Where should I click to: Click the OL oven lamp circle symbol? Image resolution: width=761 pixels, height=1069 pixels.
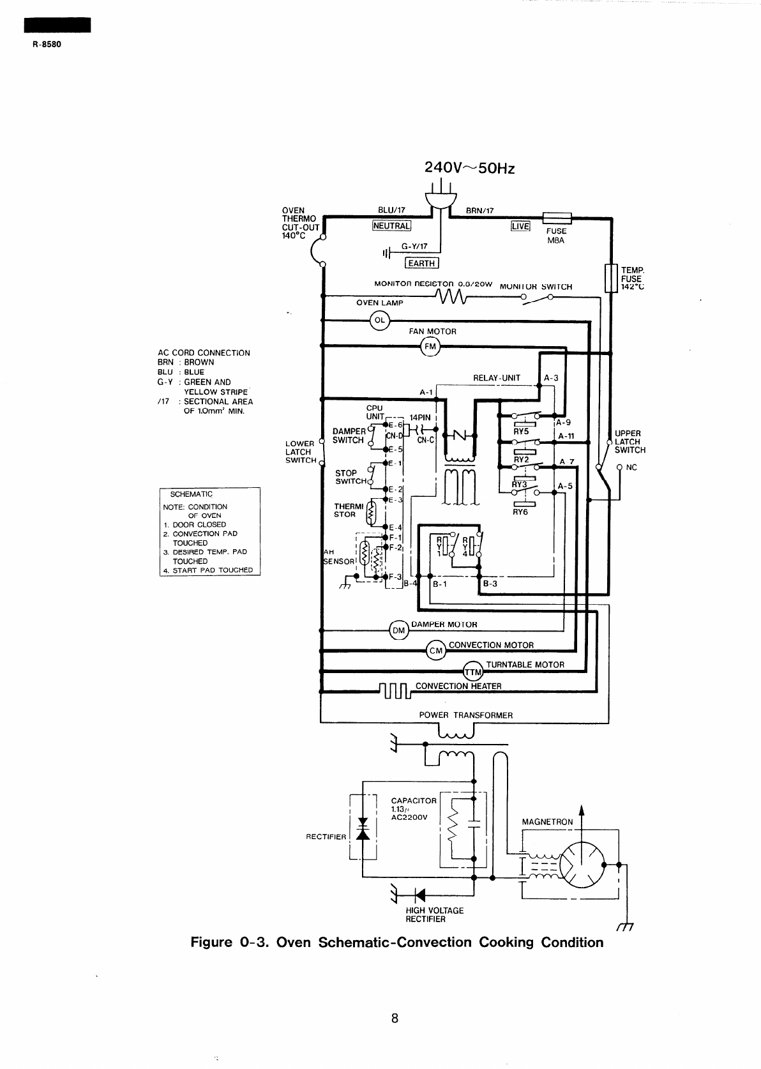click(379, 320)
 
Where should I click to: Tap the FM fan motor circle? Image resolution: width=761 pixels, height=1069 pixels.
click(430, 347)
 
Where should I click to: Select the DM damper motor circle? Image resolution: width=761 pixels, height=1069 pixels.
click(398, 630)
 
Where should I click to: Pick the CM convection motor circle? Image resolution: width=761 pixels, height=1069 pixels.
click(435, 651)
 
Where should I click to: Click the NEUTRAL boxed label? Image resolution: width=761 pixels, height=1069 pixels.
click(391, 225)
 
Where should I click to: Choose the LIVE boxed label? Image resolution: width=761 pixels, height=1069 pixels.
click(520, 226)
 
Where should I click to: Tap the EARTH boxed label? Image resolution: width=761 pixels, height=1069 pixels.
click(421, 263)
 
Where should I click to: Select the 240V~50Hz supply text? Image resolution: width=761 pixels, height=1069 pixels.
click(469, 168)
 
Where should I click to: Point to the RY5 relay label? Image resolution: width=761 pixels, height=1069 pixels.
click(522, 431)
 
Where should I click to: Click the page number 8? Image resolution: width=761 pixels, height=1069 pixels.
click(395, 1019)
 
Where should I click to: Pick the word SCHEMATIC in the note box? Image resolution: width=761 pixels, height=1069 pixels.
click(192, 494)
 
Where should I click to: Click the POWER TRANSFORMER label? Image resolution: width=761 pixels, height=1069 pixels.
click(465, 715)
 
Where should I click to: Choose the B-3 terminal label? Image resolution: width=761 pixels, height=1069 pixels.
click(490, 583)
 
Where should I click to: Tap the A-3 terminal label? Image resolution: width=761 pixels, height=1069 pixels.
click(551, 377)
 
